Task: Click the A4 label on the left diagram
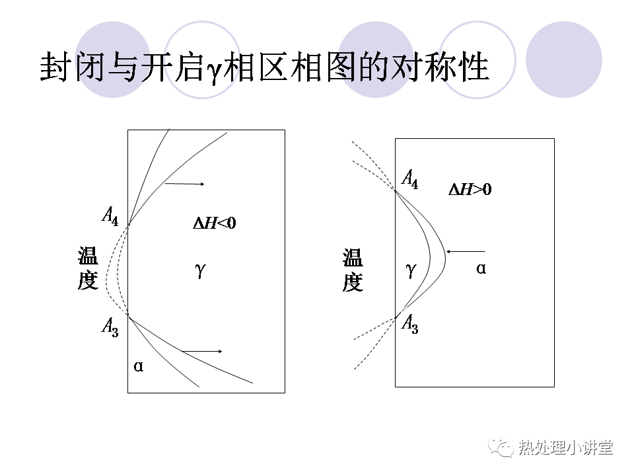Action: [x=110, y=216]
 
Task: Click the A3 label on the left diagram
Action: [x=110, y=327]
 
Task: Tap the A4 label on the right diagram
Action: [x=410, y=179]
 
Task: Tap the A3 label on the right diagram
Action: [x=410, y=324]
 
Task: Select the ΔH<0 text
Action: [x=214, y=223]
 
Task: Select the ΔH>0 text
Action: [x=470, y=190]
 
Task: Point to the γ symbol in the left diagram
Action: [x=201, y=270]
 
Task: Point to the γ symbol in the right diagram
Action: [x=411, y=270]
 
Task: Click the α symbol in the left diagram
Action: [x=138, y=366]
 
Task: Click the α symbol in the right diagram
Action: [x=481, y=268]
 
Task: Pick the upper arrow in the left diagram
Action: [x=184, y=184]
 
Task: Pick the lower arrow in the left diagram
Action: [x=202, y=351]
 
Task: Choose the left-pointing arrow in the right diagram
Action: [x=466, y=251]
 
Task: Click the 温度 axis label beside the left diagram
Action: [x=88, y=268]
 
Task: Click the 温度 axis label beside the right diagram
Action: [x=353, y=270]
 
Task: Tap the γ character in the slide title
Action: [x=213, y=69]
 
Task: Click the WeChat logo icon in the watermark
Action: [x=501, y=446]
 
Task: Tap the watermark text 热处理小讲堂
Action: [x=565, y=448]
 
